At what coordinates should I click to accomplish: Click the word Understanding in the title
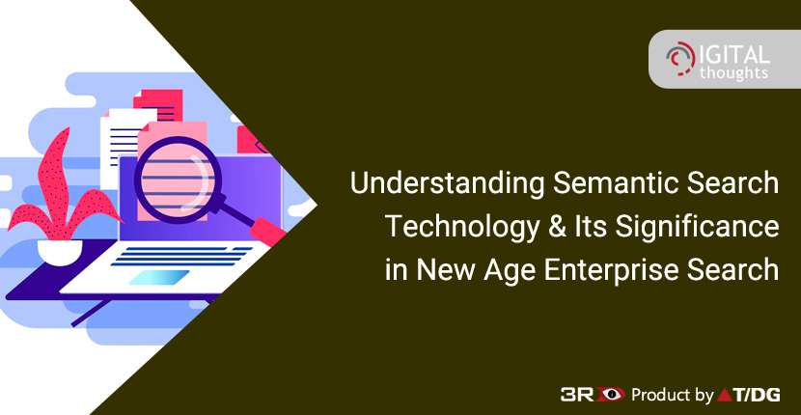point(438,184)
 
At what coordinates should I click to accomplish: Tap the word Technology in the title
point(462,227)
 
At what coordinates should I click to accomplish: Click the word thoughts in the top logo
point(733,72)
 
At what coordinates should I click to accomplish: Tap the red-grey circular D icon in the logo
point(680,57)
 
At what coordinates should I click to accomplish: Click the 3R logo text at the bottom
point(575,394)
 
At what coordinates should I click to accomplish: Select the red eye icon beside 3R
point(608,394)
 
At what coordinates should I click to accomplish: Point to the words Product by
point(673,395)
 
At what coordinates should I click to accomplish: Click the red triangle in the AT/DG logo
point(726,395)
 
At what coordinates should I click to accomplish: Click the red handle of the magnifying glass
point(268,232)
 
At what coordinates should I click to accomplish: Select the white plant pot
point(60,252)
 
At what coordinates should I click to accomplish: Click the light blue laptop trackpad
point(159,277)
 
